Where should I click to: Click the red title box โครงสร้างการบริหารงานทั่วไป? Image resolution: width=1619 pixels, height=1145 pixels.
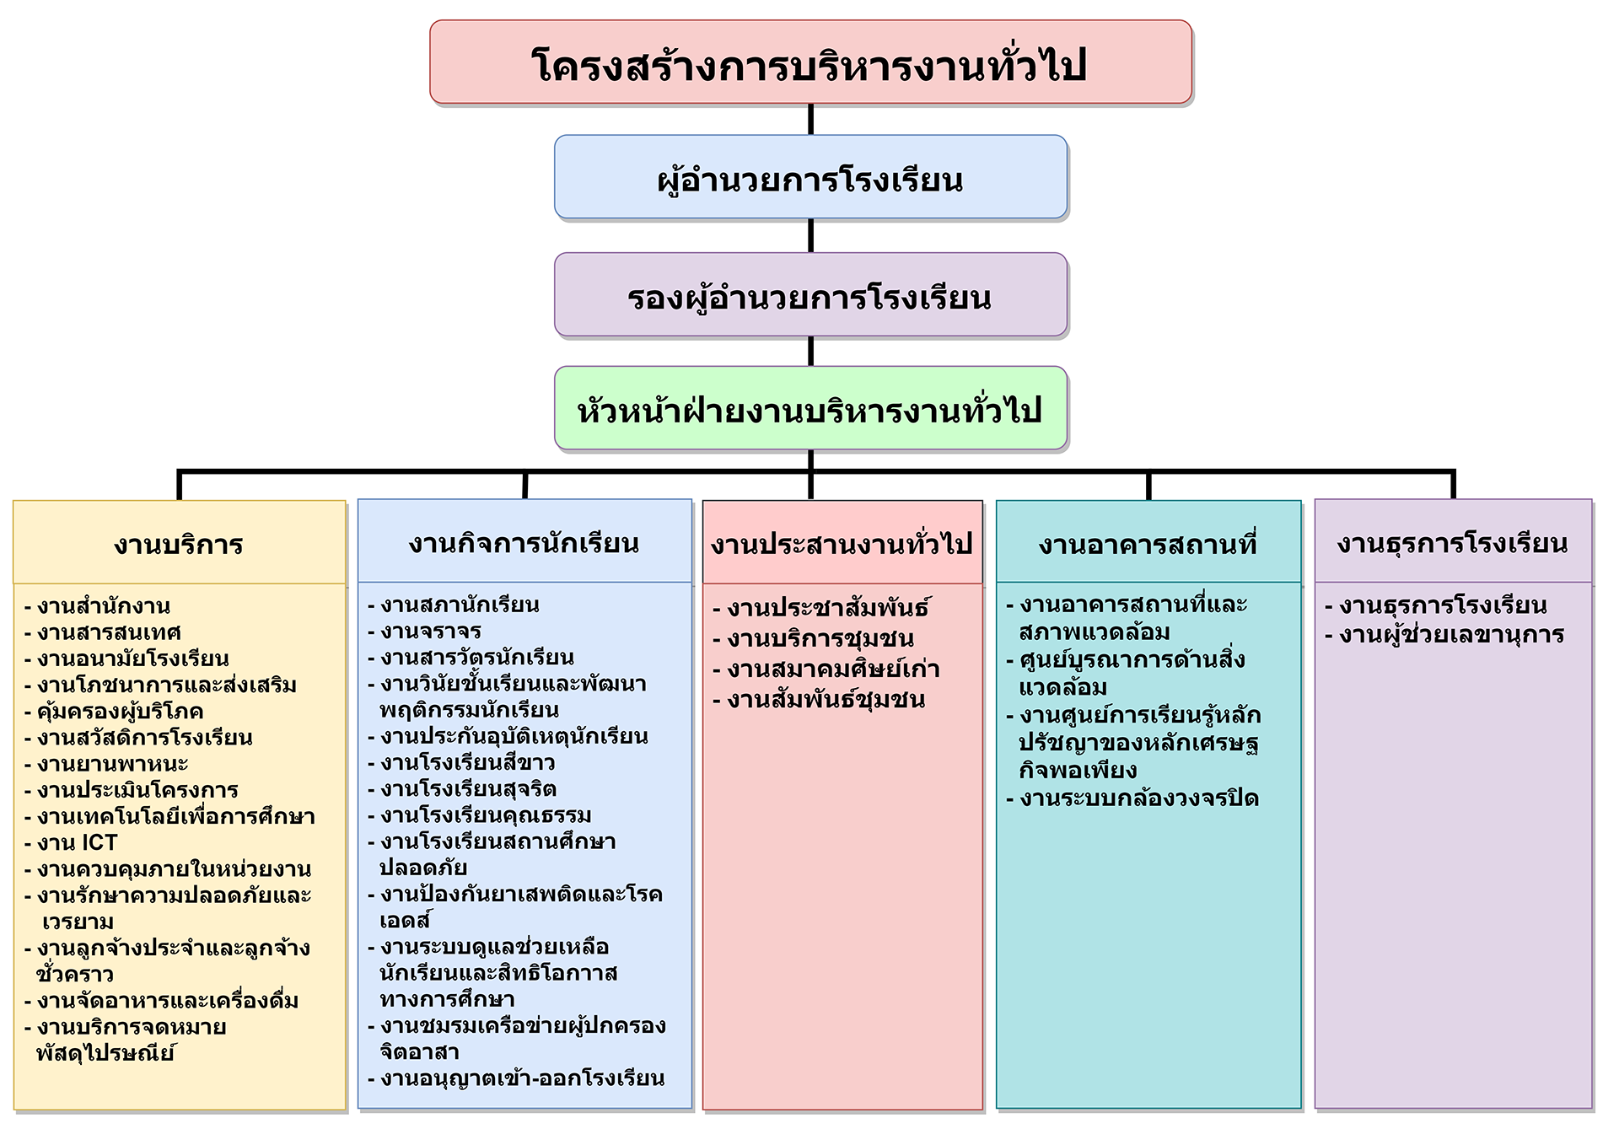tap(810, 62)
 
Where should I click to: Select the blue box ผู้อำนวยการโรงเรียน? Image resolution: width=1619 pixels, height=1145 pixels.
tap(810, 177)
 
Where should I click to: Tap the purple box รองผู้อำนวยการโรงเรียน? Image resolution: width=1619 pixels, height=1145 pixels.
tap(810, 294)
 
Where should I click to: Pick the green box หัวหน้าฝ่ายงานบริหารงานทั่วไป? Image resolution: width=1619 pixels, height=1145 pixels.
tap(810, 408)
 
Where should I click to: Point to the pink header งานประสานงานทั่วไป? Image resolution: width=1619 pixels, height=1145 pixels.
tap(842, 542)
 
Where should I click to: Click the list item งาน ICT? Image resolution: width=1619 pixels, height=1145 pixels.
tap(72, 842)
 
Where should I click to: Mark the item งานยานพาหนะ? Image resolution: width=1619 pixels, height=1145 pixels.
tap(106, 764)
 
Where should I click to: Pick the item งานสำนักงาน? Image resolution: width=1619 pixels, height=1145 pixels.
tap(98, 605)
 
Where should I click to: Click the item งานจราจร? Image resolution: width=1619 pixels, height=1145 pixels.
tap(425, 631)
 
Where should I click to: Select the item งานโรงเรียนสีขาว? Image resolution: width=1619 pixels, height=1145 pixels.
tap(462, 762)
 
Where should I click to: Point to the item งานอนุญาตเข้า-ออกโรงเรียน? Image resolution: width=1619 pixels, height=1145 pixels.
tap(516, 1078)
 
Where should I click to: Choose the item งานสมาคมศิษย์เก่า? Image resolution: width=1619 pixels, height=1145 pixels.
tap(826, 669)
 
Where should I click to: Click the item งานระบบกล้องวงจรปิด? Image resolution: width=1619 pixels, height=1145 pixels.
tap(1132, 798)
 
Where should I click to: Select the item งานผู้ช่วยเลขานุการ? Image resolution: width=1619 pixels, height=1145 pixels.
tap(1444, 634)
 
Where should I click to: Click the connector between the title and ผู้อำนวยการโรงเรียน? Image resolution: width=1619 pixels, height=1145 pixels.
tap(810, 120)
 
